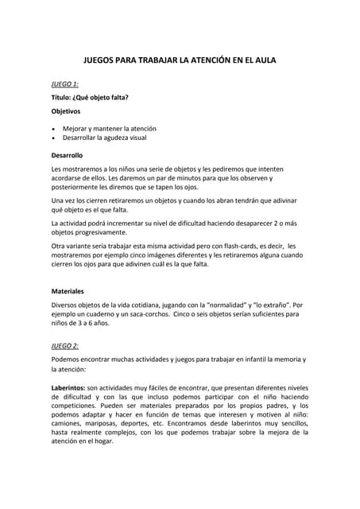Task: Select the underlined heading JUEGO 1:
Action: [64, 84]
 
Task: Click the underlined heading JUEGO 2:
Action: [64, 346]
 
